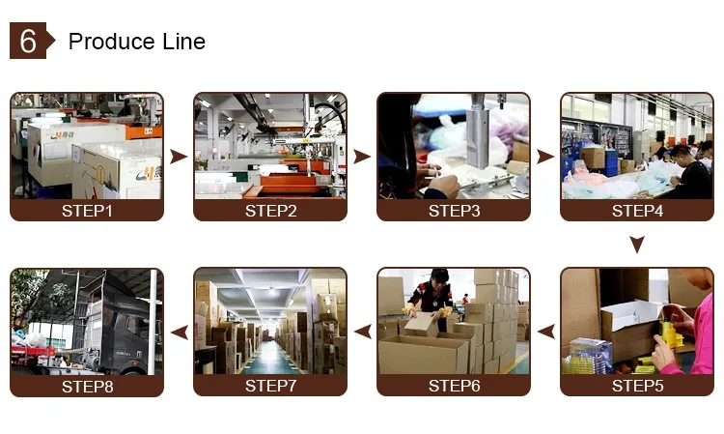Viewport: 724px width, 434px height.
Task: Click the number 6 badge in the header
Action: [x=28, y=42]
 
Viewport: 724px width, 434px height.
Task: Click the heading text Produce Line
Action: [x=136, y=42]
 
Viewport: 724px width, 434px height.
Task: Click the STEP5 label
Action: [x=637, y=386]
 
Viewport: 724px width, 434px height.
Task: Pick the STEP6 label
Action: [x=454, y=386]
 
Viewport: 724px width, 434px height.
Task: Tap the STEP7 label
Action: [x=270, y=386]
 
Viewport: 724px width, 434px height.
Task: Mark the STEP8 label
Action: [x=87, y=386]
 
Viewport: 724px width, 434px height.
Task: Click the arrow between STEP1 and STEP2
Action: [x=179, y=157]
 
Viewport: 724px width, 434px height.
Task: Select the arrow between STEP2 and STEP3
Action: [x=362, y=157]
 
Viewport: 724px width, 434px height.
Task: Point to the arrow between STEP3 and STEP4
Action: [x=545, y=157]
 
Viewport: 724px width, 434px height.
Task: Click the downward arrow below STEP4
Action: [x=637, y=246]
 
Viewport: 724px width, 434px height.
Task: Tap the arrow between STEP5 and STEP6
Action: [x=545, y=332]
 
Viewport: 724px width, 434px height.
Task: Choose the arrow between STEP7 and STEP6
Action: [x=362, y=332]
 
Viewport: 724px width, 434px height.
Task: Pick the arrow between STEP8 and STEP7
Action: [x=179, y=332]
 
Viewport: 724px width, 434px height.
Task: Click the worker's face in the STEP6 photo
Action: [x=439, y=281]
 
